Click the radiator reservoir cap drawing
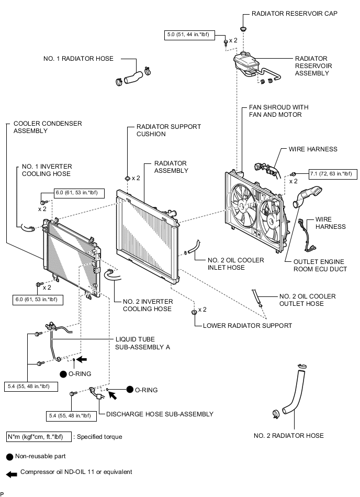point(243,29)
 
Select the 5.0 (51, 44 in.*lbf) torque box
point(189,35)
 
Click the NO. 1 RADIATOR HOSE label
point(78,59)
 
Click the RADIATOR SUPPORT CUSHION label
point(168,130)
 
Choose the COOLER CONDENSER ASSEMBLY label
point(48,127)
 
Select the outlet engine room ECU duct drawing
point(307,197)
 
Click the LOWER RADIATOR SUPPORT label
point(248,326)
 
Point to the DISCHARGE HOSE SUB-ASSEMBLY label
point(160,414)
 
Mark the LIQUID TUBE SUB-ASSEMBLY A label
point(142,343)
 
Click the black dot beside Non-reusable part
point(10,457)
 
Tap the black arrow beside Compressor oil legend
point(12,474)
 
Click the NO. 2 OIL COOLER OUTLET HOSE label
point(307,300)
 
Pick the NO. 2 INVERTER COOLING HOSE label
point(148,305)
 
